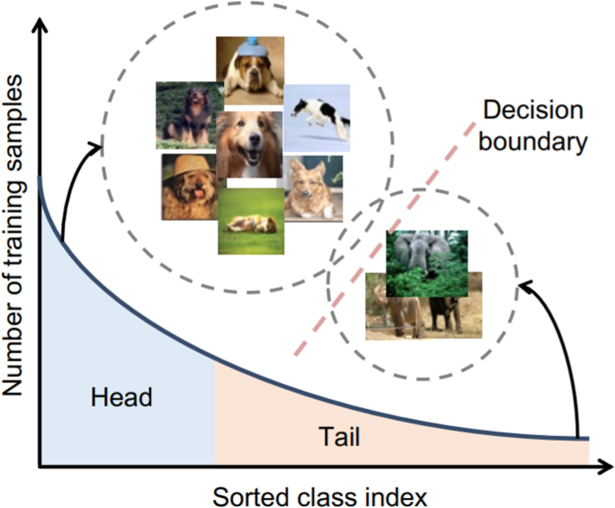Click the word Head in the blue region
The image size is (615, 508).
pyautogui.click(x=121, y=397)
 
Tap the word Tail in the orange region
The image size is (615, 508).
pyautogui.click(x=339, y=437)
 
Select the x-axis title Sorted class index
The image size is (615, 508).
pyautogui.click(x=319, y=494)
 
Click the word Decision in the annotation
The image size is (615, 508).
pyautogui.click(x=532, y=111)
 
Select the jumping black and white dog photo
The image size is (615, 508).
pyautogui.click(x=317, y=117)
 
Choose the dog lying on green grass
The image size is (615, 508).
pyautogui.click(x=250, y=221)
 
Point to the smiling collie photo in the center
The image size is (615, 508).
pyautogui.click(x=249, y=144)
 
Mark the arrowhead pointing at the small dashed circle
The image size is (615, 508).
pyautogui.click(x=524, y=284)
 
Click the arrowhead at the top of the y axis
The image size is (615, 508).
pyautogui.click(x=40, y=25)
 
